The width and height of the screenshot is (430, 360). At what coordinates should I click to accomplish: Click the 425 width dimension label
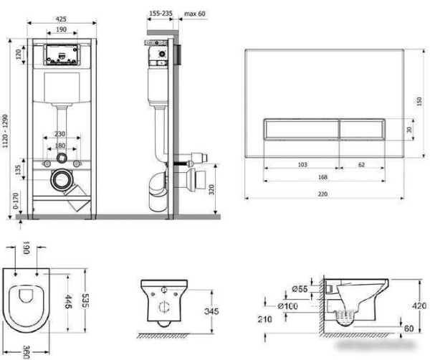tap(61, 19)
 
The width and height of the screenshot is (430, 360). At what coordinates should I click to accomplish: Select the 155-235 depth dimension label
tap(161, 14)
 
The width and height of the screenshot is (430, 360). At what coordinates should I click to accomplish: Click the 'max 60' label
tap(194, 14)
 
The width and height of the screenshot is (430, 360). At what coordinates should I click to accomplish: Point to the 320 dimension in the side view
tap(211, 189)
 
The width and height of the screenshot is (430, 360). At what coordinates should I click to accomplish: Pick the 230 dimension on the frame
tap(59, 133)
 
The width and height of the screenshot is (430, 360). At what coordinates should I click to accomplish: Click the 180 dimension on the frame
tap(60, 145)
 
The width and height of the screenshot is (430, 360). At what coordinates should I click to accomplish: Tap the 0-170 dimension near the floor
tap(16, 201)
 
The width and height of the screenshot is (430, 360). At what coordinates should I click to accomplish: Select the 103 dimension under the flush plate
tap(302, 164)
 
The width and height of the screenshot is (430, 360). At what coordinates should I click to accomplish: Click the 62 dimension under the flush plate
tap(361, 164)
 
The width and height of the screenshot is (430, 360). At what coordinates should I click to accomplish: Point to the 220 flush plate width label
tap(322, 194)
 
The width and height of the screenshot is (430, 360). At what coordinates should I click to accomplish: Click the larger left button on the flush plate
tap(302, 129)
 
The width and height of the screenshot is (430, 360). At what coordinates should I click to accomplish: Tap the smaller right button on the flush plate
tap(362, 129)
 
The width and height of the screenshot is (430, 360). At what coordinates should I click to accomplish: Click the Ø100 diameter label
tap(287, 306)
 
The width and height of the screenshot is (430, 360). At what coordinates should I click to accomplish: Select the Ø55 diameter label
tap(300, 289)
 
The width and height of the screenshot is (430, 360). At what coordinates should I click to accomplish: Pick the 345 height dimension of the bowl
tap(211, 311)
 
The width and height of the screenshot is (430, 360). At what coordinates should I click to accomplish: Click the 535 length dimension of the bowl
tap(85, 300)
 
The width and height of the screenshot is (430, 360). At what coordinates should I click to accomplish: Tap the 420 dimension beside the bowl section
tap(419, 305)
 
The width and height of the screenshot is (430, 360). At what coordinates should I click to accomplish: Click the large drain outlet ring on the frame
tap(62, 180)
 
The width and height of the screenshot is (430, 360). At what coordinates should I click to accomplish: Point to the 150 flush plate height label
tap(419, 101)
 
